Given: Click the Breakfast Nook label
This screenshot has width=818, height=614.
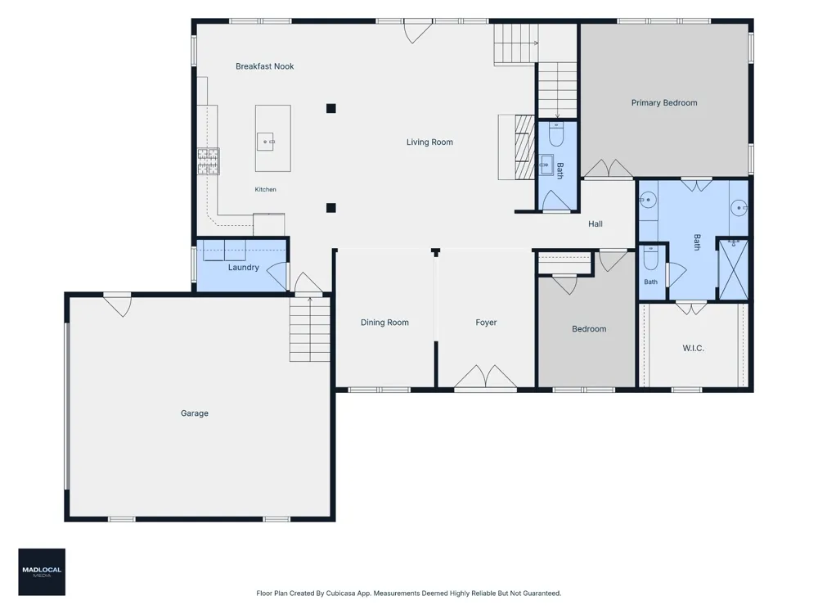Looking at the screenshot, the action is click(x=264, y=66).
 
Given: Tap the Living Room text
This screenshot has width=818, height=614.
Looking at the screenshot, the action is click(x=429, y=142).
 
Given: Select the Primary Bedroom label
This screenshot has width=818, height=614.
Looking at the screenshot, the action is click(x=664, y=103).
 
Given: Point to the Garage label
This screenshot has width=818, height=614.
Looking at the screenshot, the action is click(x=195, y=413).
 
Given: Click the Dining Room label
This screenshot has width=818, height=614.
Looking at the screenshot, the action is click(x=384, y=323).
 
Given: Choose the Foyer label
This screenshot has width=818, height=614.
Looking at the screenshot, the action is click(x=486, y=323).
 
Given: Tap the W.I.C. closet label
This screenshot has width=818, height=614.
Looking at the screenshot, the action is click(x=694, y=348).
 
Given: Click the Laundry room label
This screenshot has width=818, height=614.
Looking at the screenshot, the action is click(x=244, y=268).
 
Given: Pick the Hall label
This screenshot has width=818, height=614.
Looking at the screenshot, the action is click(x=596, y=224).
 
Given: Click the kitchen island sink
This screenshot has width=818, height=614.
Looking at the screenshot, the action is click(x=266, y=142).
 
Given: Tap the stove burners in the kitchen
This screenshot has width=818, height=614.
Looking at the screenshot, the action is click(x=208, y=161).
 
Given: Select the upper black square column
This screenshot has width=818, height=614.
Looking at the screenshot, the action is click(x=330, y=109).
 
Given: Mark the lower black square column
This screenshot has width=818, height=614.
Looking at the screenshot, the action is click(x=330, y=208).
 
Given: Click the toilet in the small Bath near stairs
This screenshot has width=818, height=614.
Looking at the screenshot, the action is click(x=556, y=134).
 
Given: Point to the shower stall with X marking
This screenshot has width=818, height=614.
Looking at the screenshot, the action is click(x=734, y=270).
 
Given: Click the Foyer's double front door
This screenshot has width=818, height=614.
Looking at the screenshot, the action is click(x=486, y=377).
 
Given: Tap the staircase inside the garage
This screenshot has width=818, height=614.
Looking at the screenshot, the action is click(x=310, y=329).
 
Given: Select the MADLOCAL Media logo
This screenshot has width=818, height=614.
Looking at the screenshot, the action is click(x=42, y=571).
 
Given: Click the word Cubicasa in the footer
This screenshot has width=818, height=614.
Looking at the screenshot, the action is click(x=340, y=593).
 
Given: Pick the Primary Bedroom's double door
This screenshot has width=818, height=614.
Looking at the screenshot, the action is click(x=608, y=169).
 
